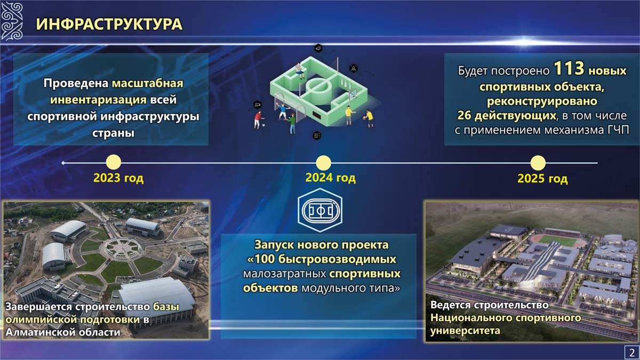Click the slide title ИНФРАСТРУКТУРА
109,24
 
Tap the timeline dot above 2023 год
114,163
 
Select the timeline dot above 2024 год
323,163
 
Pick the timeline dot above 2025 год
538,163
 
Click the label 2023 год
118,178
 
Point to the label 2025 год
542,179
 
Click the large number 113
569,69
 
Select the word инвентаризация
98,100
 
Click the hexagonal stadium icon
320,210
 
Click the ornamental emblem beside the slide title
12,21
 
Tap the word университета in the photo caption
465,331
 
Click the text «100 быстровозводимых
322,259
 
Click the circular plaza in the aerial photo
122,248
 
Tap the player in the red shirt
258,120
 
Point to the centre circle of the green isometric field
318,86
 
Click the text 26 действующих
507,115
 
